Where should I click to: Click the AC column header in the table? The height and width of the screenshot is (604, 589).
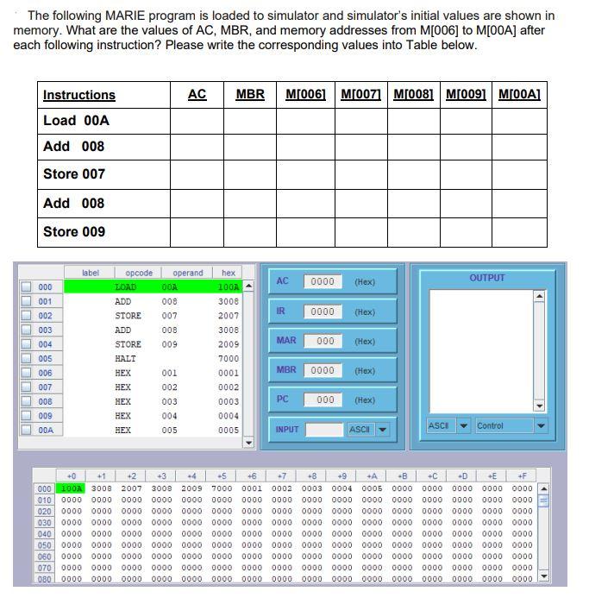(x=197, y=95)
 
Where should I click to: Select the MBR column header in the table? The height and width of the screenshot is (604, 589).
(x=250, y=95)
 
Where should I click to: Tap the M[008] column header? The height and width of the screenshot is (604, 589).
(x=412, y=95)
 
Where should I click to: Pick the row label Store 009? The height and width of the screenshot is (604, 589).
(x=74, y=231)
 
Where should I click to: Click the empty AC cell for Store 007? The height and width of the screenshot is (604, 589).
(x=197, y=174)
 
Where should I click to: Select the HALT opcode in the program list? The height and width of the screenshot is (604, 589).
(x=125, y=359)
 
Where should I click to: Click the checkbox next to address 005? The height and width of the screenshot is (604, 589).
(x=26, y=359)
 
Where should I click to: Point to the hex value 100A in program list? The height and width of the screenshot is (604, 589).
(x=228, y=287)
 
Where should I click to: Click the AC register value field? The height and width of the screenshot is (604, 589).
(x=323, y=282)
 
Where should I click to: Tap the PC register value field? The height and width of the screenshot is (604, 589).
(x=324, y=400)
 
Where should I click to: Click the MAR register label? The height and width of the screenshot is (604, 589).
(x=286, y=341)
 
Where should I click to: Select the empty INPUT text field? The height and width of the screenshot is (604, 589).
(x=324, y=430)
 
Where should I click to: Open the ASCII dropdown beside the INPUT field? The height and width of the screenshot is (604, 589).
(x=368, y=430)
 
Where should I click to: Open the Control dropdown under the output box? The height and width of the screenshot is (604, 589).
(x=511, y=425)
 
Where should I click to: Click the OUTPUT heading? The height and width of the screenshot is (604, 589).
(x=487, y=278)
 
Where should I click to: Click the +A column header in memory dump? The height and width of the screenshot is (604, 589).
(x=372, y=475)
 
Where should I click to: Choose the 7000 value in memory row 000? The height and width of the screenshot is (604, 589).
(x=222, y=488)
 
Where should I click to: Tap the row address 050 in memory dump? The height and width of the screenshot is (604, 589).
(x=44, y=545)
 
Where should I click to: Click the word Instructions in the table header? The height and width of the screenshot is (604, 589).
(x=78, y=95)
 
